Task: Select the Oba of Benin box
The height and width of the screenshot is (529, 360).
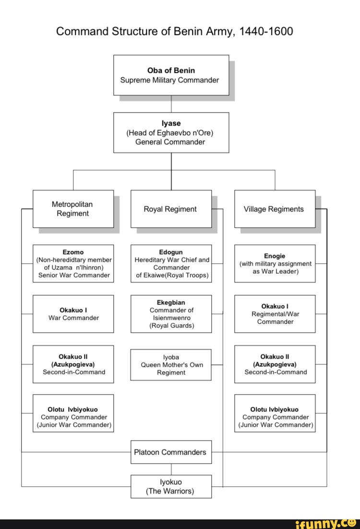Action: (x=171, y=75)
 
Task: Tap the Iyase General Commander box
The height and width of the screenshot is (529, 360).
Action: (x=171, y=132)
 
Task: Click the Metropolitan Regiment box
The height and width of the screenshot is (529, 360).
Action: (x=73, y=209)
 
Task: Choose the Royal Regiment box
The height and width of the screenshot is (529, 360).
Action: (x=171, y=209)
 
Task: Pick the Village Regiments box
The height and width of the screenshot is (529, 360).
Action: (x=275, y=209)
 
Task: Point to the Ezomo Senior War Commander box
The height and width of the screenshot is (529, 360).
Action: (x=73, y=263)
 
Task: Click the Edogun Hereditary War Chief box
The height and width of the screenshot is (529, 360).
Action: (x=171, y=263)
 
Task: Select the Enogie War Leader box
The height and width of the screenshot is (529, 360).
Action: (x=275, y=263)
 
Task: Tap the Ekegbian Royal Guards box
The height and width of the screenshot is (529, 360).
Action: (x=171, y=314)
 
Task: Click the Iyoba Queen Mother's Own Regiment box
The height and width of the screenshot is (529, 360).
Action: (x=171, y=364)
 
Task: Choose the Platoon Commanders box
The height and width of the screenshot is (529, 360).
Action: (x=171, y=452)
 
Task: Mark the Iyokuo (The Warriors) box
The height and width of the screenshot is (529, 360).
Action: (x=171, y=486)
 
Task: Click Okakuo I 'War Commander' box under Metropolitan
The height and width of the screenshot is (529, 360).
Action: (x=73, y=314)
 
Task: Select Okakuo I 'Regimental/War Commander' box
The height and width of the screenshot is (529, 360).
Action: (x=275, y=314)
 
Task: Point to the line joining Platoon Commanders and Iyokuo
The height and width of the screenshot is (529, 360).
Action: (x=171, y=469)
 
